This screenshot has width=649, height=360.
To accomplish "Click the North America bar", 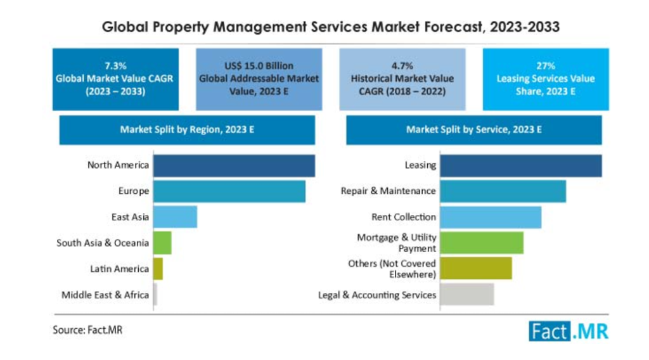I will click(x=234, y=166).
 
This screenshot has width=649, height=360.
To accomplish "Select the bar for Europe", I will click(x=229, y=191).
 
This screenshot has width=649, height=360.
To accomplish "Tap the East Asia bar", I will click(x=175, y=217).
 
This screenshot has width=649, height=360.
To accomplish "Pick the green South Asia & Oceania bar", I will click(x=162, y=243).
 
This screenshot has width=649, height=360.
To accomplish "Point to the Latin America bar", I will click(x=158, y=269).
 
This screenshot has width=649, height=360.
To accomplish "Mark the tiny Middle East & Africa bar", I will click(x=155, y=295).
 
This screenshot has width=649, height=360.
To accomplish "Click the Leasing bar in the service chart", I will click(x=520, y=166).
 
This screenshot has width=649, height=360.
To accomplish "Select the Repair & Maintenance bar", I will click(x=503, y=191).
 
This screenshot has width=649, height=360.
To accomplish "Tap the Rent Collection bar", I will click(x=491, y=217).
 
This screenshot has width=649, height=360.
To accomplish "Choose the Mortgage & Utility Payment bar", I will click(x=482, y=243).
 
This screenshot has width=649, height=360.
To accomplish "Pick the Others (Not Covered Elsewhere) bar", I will click(x=476, y=269).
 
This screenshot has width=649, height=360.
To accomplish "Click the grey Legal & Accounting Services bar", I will click(x=466, y=295).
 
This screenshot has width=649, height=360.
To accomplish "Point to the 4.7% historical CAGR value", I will click(x=402, y=66).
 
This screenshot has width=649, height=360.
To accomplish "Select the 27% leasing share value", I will click(x=546, y=66).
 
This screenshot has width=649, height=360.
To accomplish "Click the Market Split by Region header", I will click(x=187, y=130).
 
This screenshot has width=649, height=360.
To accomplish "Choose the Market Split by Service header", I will click(x=473, y=130).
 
